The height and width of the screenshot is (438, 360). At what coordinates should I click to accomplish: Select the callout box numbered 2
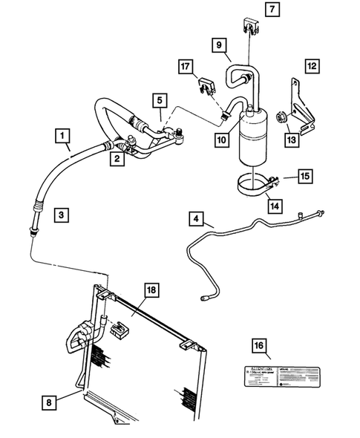tap(117, 157)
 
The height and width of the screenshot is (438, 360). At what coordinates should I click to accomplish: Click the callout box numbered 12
tap(312, 66)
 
